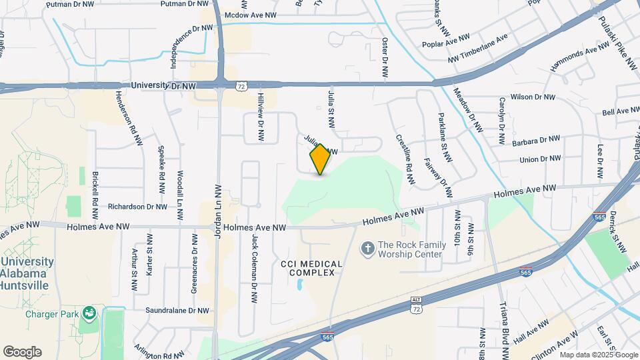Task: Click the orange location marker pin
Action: pos(320,159)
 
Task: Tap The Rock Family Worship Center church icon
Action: pos(367,249)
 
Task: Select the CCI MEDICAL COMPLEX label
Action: pos(311,269)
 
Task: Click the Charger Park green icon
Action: pos(88,313)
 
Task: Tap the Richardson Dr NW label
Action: pos(137,207)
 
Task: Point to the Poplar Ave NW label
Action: pos(446,45)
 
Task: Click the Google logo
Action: pos(22,351)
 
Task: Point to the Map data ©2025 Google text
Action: pos(596,354)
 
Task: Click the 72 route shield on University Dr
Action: pos(241,87)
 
